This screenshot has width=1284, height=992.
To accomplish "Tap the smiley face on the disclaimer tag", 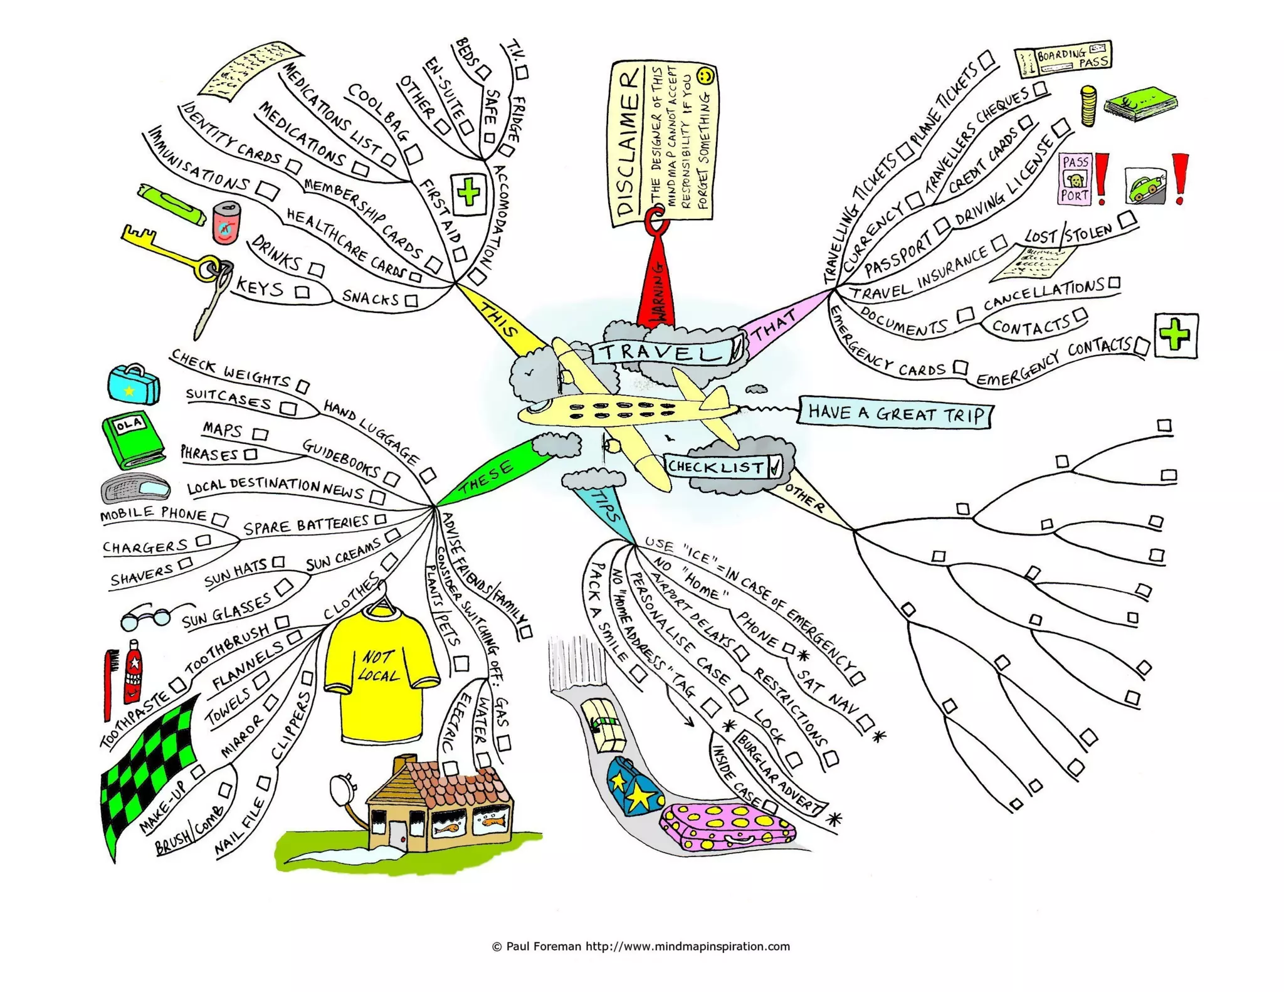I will [705, 77].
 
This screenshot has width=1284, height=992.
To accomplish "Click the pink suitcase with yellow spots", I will [727, 828].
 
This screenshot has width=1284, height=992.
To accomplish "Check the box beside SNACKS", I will [411, 301].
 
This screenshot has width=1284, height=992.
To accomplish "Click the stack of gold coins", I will [1088, 107].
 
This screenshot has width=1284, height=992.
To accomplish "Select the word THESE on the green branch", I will [486, 480].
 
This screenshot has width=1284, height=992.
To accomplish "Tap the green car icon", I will [1145, 186].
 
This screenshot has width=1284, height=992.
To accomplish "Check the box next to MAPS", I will [261, 434].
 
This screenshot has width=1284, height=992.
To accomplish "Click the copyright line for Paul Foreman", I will [641, 946].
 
